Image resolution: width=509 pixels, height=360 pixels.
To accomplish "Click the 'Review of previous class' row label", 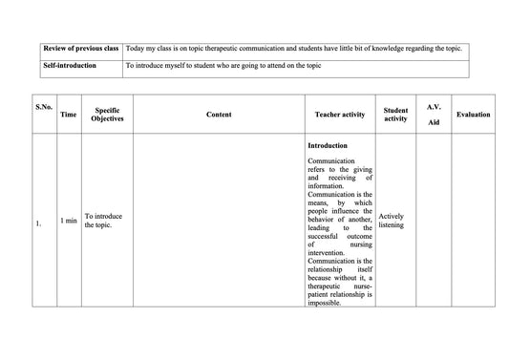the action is (x=81, y=48).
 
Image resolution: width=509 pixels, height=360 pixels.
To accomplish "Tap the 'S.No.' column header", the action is (x=43, y=107).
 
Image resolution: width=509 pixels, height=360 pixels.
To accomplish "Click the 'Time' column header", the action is (x=69, y=115).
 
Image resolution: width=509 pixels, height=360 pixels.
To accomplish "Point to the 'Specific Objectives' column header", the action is (x=107, y=114).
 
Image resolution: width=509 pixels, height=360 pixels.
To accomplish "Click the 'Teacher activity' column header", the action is (x=340, y=115).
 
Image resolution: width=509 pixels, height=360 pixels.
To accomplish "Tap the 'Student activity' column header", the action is (x=395, y=115).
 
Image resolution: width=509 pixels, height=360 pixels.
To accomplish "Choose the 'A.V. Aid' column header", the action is (x=434, y=115).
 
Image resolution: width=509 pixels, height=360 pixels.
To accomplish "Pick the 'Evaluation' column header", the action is (x=474, y=115).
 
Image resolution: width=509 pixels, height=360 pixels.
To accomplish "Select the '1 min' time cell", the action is (x=69, y=221).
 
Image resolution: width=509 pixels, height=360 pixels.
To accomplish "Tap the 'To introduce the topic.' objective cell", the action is (x=103, y=221).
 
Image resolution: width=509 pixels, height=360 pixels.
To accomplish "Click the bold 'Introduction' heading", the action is (x=329, y=146).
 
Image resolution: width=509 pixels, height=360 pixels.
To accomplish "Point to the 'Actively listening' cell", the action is (x=392, y=221).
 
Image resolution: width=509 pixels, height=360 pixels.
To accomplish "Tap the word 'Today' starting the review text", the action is (x=137, y=48).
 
